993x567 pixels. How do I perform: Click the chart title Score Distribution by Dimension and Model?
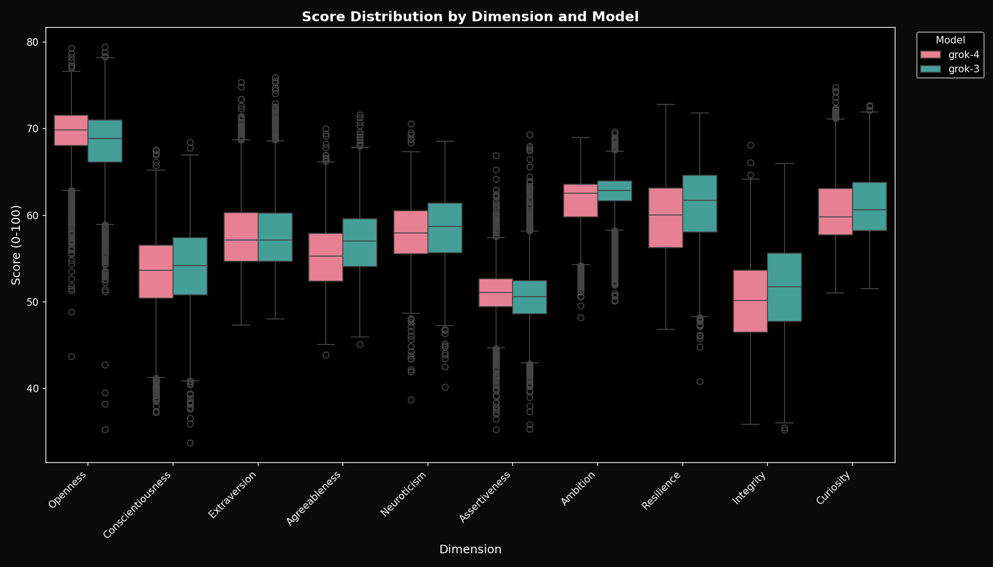tap(470, 17)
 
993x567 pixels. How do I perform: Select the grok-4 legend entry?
tap(951, 55)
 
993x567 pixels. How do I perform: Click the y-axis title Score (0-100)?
tap(17, 245)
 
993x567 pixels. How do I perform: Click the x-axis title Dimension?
tap(470, 550)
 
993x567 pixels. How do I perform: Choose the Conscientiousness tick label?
tap(137, 505)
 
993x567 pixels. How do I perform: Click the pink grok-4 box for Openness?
tap(71, 130)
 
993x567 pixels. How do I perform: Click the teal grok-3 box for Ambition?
tap(615, 191)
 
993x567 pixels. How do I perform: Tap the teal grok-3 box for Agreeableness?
tap(360, 242)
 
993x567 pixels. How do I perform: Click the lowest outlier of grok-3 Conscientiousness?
tap(190, 443)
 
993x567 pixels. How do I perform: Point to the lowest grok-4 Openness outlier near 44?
tap(71, 357)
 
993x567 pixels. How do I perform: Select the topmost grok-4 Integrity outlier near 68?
tap(750, 146)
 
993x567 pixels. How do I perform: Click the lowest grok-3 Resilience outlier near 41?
tap(700, 382)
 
